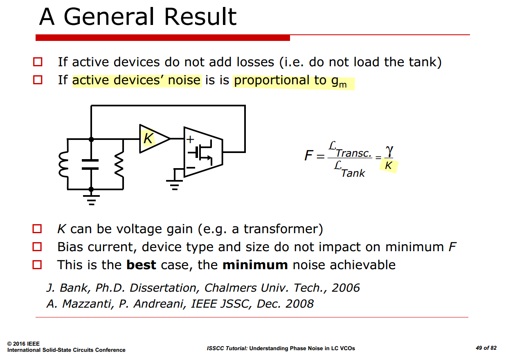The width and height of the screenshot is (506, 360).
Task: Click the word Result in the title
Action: pyautogui.click(x=200, y=17)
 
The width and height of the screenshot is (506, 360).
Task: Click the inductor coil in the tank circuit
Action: pyautogui.click(x=63, y=164)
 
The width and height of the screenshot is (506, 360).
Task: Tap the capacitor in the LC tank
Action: pyautogui.click(x=90, y=164)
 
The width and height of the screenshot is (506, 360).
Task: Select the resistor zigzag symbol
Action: pyautogui.click(x=119, y=164)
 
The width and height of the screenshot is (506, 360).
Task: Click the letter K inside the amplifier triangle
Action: pyautogui.click(x=148, y=138)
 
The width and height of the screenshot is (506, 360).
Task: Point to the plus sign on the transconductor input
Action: pyautogui.click(x=190, y=139)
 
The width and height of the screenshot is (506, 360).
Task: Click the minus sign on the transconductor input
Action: pyautogui.click(x=191, y=168)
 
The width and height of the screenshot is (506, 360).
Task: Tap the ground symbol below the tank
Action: pyautogui.click(x=91, y=200)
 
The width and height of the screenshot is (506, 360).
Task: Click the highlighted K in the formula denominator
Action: pyautogui.click(x=388, y=166)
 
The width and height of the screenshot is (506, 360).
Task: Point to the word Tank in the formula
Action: pyautogui.click(x=353, y=173)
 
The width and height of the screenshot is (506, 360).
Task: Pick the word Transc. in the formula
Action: pyautogui.click(x=353, y=153)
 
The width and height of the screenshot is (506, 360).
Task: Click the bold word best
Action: pyautogui.click(x=141, y=265)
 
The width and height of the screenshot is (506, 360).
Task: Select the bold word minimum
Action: pyautogui.click(x=255, y=265)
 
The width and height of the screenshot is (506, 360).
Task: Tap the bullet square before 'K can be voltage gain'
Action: pyautogui.click(x=37, y=229)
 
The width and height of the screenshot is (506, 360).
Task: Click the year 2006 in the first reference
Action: pyautogui.click(x=345, y=288)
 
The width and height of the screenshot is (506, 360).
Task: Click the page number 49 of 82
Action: pyautogui.click(x=486, y=348)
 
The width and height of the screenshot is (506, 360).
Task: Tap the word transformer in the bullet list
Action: pyautogui.click(x=281, y=229)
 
